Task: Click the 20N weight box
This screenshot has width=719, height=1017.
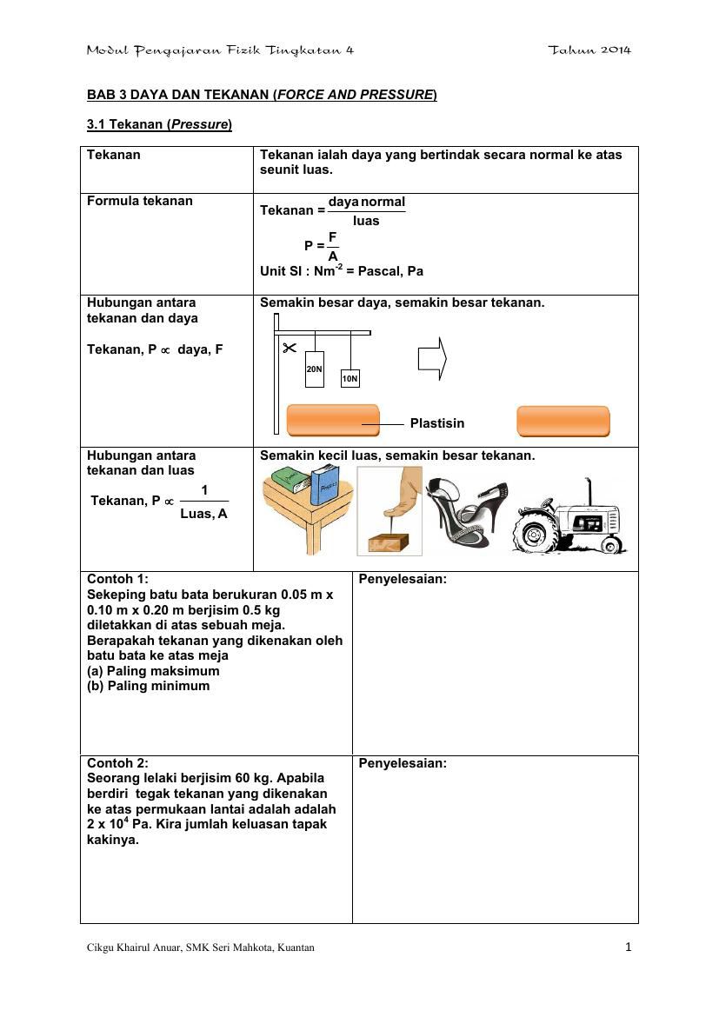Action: click(x=315, y=369)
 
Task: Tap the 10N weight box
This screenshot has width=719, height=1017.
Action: click(x=350, y=379)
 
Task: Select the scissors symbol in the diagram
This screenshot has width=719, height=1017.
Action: click(x=289, y=349)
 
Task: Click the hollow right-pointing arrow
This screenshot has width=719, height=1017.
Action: click(x=432, y=357)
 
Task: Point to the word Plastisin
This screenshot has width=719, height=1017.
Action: click(x=437, y=423)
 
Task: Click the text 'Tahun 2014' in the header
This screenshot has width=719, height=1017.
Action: click(x=589, y=50)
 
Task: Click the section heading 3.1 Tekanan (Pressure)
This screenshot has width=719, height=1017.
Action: click(x=159, y=124)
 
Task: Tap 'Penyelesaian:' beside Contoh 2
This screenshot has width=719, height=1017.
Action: click(x=403, y=763)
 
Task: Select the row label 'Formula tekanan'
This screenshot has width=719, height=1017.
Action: click(x=140, y=201)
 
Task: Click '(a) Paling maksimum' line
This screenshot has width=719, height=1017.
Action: click(x=154, y=671)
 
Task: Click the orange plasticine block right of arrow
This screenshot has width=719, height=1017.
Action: click(x=563, y=421)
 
